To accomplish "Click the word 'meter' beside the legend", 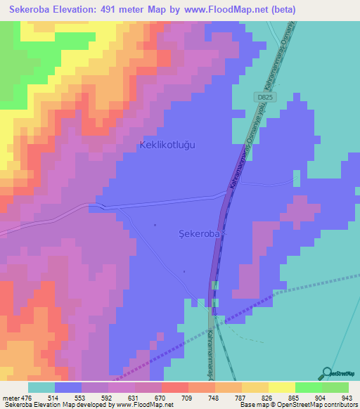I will point(11,398).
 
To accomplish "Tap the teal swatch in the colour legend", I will point(41,387).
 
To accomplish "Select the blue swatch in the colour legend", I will point(68,387).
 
